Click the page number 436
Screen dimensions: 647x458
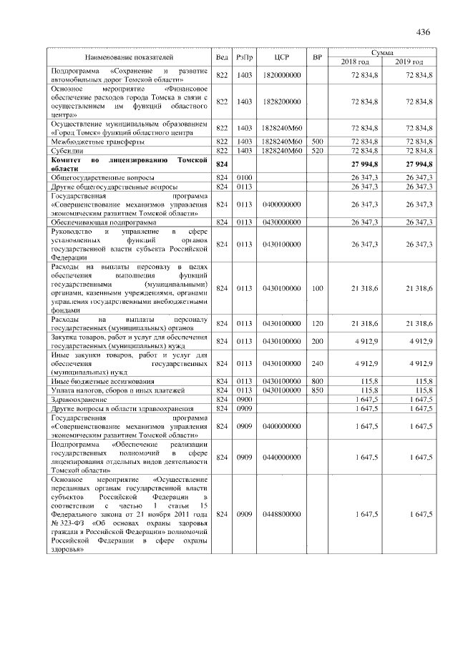tap(422, 33)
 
